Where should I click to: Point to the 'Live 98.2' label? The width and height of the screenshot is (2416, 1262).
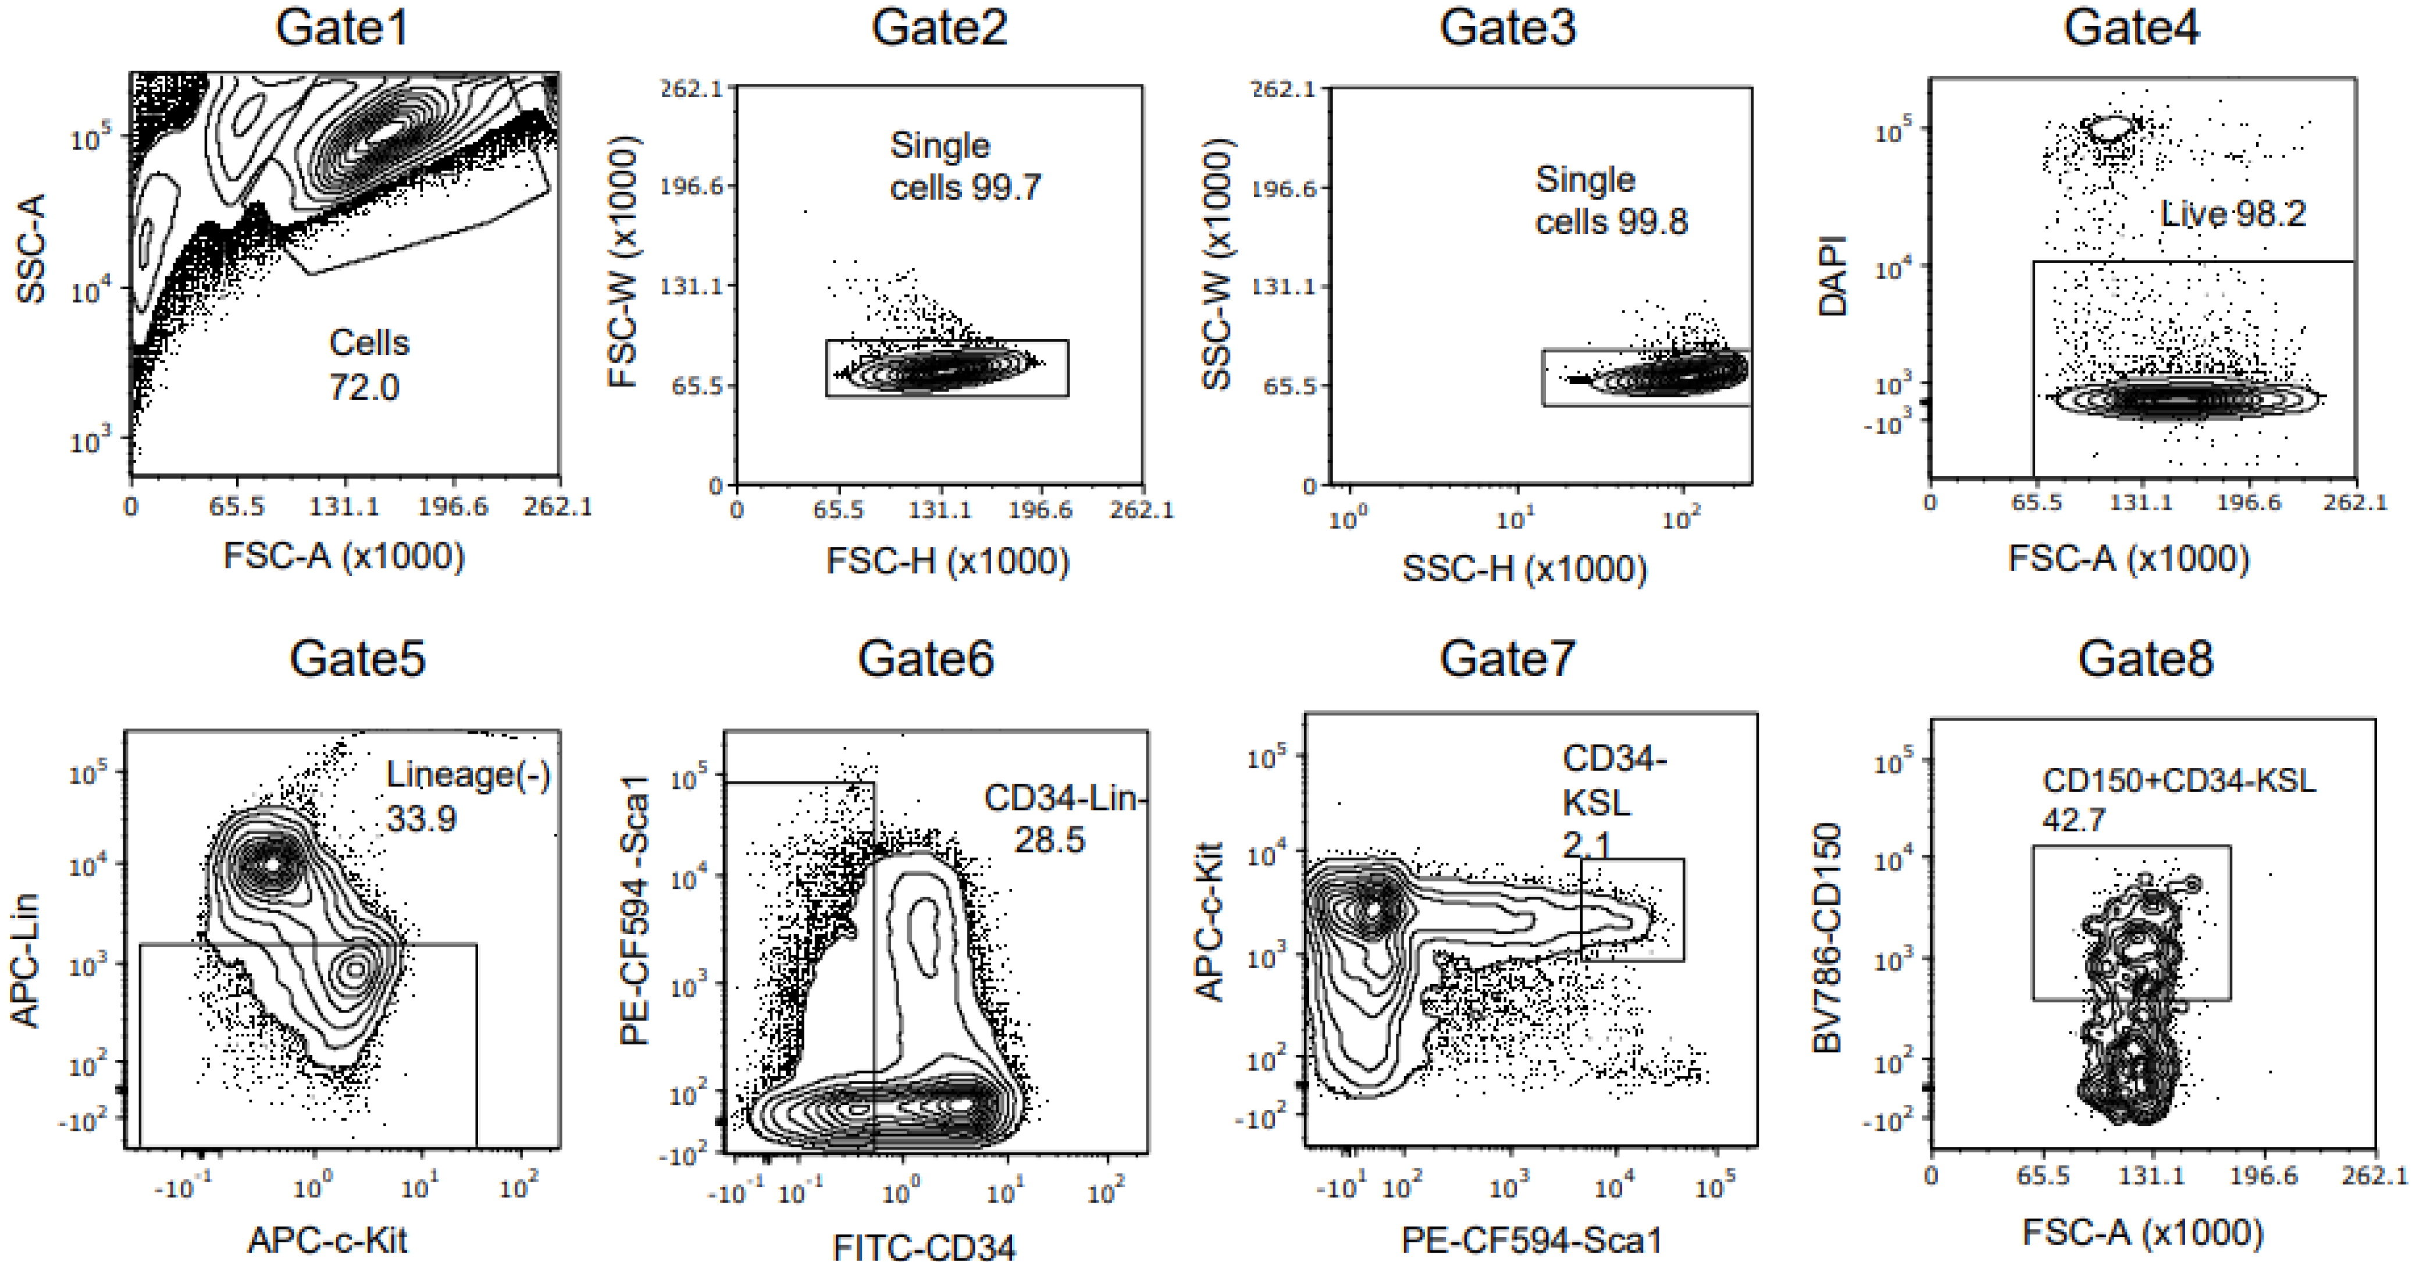pos(2232,214)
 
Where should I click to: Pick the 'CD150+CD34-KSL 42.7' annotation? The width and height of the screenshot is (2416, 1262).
pos(2178,799)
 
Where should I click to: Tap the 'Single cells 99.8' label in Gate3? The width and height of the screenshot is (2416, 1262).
pos(1610,201)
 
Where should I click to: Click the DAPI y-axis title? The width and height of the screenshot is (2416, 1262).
pos(1831,275)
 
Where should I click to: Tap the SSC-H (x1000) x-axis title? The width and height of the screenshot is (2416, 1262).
pos(1524,568)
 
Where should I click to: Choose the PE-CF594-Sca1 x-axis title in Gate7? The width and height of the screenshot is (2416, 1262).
pos(1531,1240)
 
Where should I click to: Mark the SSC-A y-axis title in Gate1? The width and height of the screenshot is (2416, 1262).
pos(30,248)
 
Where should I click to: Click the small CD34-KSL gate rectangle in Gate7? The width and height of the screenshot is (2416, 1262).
pos(1632,909)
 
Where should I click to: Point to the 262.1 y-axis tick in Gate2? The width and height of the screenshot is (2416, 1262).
pos(691,89)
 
